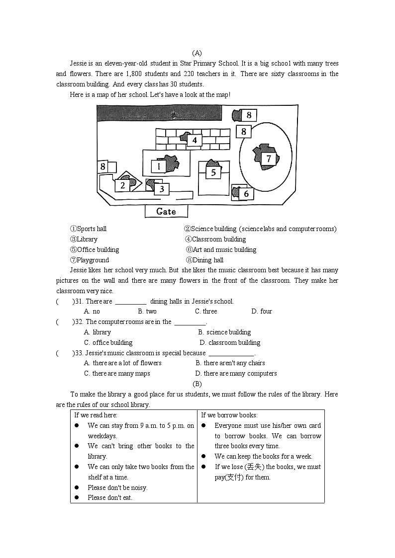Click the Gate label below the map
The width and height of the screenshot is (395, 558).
166,211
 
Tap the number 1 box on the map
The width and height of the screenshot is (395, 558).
159,166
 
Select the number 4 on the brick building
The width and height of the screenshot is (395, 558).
195,140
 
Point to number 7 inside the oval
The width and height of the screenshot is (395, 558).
269,159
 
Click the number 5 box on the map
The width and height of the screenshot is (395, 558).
213,172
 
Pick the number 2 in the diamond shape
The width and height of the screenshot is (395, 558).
122,185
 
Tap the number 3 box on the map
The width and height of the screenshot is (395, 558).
161,189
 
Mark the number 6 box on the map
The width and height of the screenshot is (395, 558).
246,194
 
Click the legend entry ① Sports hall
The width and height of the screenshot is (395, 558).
88,229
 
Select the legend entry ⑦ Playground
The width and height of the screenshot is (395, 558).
89,260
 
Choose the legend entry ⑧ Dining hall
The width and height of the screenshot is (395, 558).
204,260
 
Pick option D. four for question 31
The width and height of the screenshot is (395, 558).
262,312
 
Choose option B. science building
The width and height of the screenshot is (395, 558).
224,332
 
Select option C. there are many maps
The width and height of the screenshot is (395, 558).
117,374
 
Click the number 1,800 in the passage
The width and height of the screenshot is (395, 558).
134,74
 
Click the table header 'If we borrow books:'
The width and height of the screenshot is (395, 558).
229,415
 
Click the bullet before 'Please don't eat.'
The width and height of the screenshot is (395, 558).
77,498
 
